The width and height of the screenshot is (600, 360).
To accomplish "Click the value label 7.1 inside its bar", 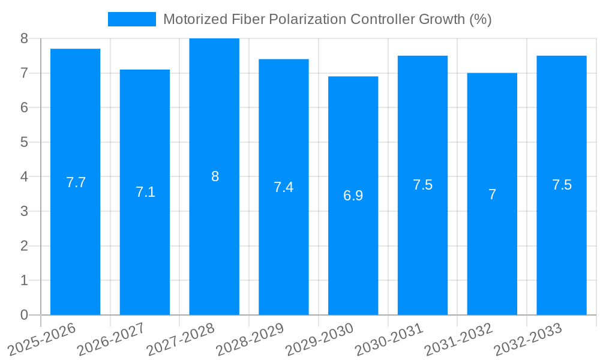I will (x=145, y=192).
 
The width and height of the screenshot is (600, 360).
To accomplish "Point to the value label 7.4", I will (x=284, y=187).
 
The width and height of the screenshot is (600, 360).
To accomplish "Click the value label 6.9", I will (x=353, y=196).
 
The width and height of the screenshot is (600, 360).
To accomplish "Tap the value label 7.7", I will (x=76, y=182).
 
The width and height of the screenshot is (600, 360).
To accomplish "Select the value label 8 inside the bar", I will (x=215, y=176).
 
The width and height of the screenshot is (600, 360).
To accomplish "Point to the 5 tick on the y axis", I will (x=24, y=142).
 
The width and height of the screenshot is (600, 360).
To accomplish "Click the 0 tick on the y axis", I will (x=24, y=315).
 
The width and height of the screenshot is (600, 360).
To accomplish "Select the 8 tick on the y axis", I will (x=24, y=38).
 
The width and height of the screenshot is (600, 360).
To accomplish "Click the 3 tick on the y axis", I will (x=24, y=211).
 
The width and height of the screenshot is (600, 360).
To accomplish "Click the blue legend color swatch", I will (x=131, y=19).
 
